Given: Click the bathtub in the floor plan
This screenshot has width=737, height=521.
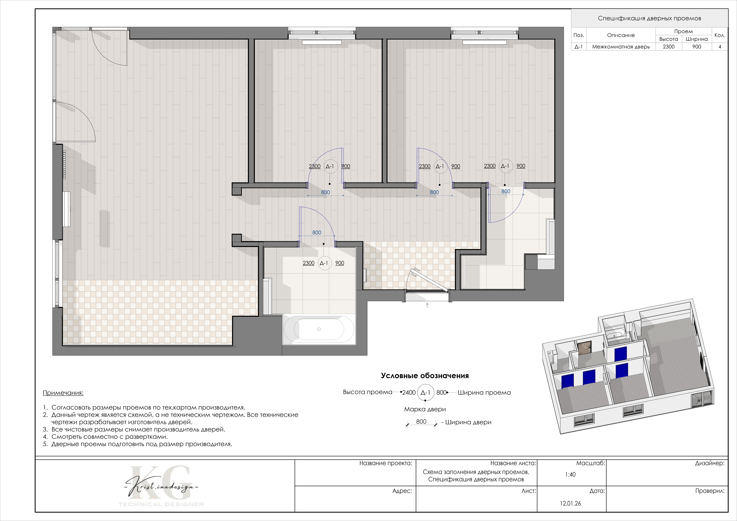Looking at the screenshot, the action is pos(319,329).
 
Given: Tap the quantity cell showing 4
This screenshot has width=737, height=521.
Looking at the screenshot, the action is pos(720,47).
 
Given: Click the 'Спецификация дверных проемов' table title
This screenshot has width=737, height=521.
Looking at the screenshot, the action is pos(649,18).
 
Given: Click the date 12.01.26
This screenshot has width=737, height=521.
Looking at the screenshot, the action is pos(570,503).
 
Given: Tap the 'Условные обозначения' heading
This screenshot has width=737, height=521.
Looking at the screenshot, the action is pos(425,376).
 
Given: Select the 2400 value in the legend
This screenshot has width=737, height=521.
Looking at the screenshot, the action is pos(409,392).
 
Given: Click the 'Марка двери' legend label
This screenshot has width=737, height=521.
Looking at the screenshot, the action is pos(425,409).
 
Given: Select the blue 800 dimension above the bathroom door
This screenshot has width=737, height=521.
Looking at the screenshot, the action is pos(317,233).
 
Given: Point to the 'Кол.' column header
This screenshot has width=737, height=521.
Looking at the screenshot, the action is pos(720,35).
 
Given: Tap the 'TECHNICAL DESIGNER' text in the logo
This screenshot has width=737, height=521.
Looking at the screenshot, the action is pos(161,504).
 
